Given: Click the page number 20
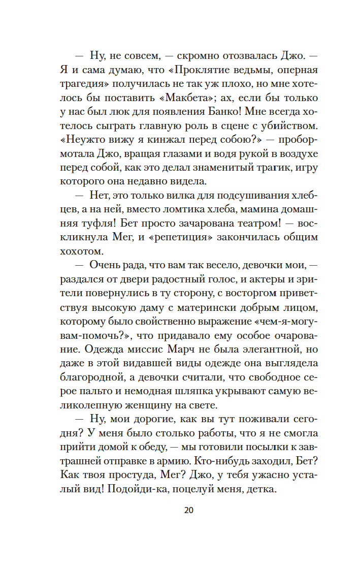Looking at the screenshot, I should (x=189, y=510).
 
